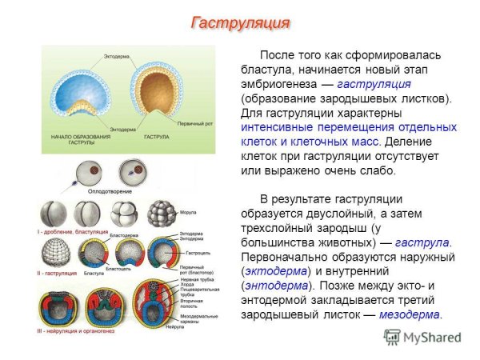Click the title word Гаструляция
click(x=239, y=22)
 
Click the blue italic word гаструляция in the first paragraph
click(x=374, y=83)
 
